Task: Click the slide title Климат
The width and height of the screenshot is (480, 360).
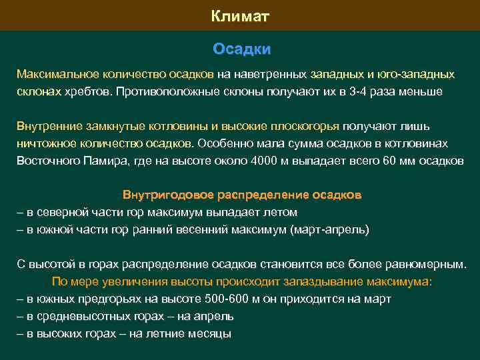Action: (240, 16)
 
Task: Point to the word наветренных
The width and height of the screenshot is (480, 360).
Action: (263, 73)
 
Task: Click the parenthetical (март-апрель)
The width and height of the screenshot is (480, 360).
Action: (329, 229)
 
